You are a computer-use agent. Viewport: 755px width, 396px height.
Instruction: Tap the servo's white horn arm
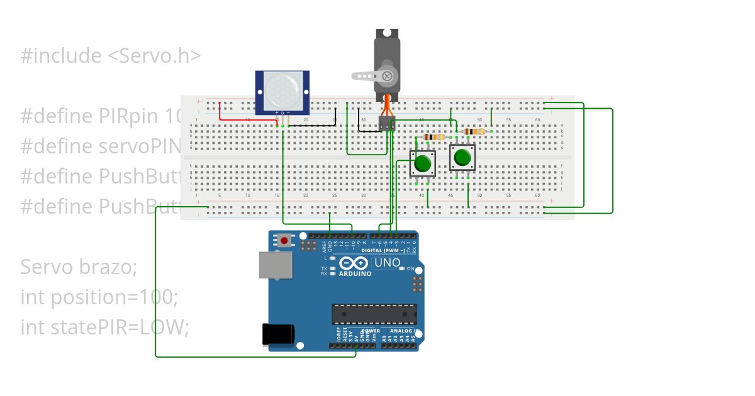tap(366, 77)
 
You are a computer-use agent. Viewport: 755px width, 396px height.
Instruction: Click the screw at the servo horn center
tap(387, 77)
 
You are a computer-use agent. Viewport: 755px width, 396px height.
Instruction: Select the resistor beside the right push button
tap(474, 131)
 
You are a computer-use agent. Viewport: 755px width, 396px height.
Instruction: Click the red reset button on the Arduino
tap(285, 240)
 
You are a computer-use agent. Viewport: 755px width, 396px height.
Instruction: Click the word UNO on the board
tap(387, 262)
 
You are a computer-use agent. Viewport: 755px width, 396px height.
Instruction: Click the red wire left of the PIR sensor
tap(220, 112)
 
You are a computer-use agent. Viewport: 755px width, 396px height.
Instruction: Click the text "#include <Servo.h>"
tap(111, 56)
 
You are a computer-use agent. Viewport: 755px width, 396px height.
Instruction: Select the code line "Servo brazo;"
tap(78, 267)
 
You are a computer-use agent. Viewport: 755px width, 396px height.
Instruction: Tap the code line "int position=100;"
tap(99, 297)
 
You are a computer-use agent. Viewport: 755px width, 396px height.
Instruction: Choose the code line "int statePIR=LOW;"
tap(104, 327)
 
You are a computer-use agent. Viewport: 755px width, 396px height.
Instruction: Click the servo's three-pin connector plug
tap(386, 124)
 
